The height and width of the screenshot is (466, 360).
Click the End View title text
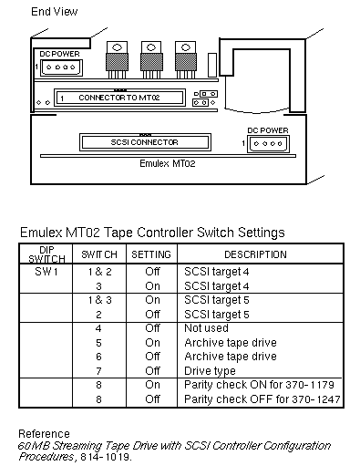(55, 12)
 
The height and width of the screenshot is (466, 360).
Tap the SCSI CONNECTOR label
(144, 142)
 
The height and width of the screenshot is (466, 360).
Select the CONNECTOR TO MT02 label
(119, 98)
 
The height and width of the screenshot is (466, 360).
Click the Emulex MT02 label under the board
(168, 163)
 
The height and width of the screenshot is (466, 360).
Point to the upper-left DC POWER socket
(61, 67)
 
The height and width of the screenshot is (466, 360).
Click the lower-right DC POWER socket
(268, 144)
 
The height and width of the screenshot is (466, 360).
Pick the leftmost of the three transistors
(117, 60)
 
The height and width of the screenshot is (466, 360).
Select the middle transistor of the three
(151, 60)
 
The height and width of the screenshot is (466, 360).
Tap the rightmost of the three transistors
(186, 60)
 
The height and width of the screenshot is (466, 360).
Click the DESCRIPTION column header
(255, 254)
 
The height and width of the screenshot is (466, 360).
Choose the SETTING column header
(151, 254)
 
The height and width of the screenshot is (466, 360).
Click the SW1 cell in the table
(46, 271)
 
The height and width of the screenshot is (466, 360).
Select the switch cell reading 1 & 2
(100, 272)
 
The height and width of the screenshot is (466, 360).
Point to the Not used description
(206, 328)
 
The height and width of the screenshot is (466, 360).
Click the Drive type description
(210, 371)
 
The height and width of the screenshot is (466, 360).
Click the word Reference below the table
(45, 434)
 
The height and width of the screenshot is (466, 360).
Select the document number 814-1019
(106, 457)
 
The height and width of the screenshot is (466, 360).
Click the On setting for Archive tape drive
(152, 343)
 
